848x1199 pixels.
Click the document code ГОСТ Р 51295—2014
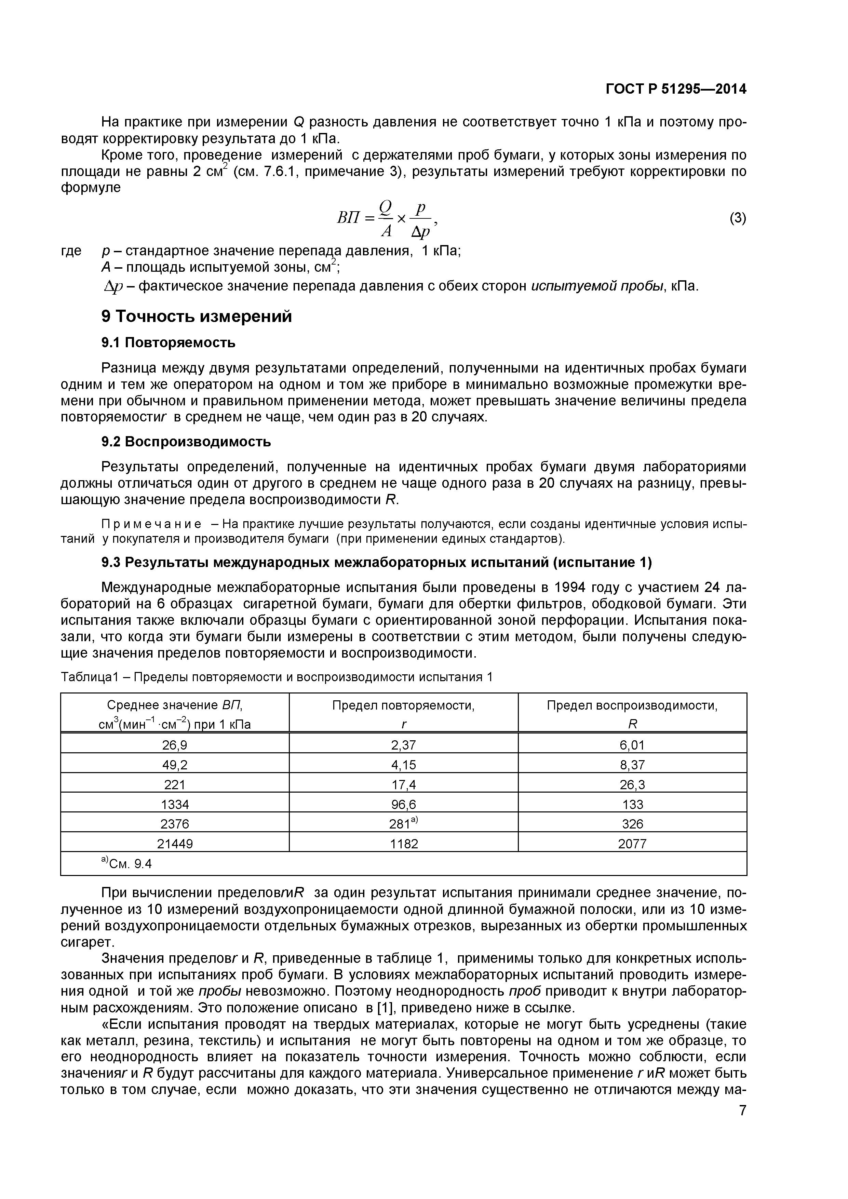676,89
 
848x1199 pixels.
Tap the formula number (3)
737,218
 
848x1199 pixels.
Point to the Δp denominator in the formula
421,231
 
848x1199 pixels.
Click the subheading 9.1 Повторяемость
168,342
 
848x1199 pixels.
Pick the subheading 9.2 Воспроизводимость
186,442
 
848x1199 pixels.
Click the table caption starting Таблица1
277,677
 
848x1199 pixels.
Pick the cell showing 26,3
632,785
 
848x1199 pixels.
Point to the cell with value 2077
632,844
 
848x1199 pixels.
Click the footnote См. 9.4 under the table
126,864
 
